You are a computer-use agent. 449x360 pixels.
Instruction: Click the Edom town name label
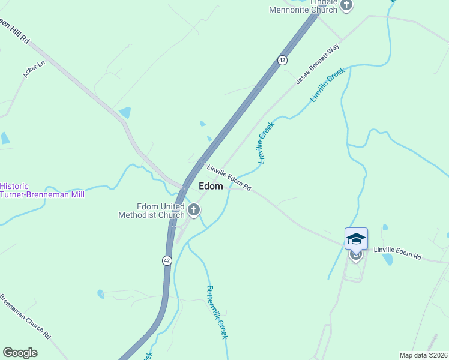point(211,187)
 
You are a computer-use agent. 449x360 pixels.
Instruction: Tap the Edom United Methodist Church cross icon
point(193,210)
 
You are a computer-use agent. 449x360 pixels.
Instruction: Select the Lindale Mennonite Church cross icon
point(346,5)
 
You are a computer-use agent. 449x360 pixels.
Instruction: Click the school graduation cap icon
point(356,238)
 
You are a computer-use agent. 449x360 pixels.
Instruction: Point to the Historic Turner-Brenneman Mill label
point(42,190)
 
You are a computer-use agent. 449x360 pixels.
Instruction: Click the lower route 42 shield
point(166,260)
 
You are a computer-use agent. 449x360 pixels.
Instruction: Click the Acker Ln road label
point(34,69)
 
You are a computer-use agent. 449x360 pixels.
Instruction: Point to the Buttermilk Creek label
point(217,312)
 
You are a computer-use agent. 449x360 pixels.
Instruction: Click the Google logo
point(20,353)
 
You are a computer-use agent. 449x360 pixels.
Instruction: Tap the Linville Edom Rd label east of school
point(397,253)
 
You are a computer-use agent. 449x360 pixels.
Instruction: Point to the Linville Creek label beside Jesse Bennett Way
point(328,85)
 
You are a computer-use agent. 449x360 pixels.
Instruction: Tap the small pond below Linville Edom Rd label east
point(387,260)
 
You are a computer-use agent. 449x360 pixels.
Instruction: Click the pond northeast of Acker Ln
point(125,112)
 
